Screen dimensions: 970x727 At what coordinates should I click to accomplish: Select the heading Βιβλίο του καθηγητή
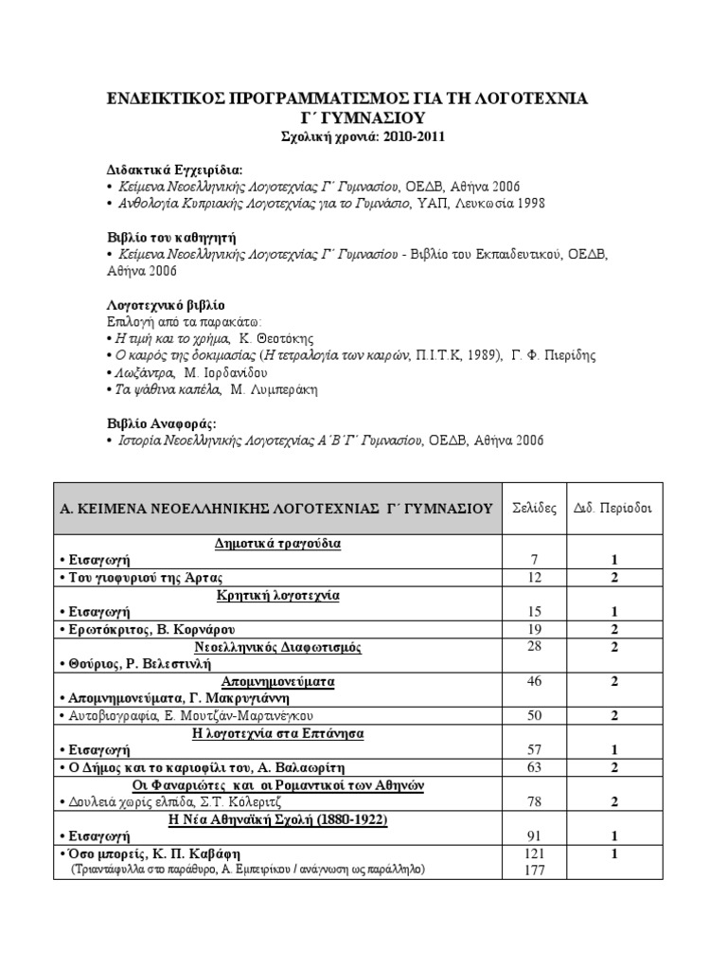tap(170, 237)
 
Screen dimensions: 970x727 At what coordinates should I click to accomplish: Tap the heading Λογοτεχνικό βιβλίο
tap(166, 305)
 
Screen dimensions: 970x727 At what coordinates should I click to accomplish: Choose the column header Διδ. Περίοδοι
tap(613, 508)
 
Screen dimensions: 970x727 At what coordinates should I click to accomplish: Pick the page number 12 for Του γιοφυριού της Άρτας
tap(535, 578)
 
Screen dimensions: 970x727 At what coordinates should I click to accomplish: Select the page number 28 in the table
tap(535, 647)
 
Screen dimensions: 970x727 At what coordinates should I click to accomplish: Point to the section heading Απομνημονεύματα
tap(277, 681)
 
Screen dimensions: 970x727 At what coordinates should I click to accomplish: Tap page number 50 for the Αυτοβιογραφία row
tap(535, 715)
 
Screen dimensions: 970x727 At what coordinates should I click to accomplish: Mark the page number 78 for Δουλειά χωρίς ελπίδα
tap(535, 801)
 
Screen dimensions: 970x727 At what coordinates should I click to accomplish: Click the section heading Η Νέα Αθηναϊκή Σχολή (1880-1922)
tap(277, 818)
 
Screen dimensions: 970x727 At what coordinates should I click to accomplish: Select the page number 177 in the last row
tap(535, 871)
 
